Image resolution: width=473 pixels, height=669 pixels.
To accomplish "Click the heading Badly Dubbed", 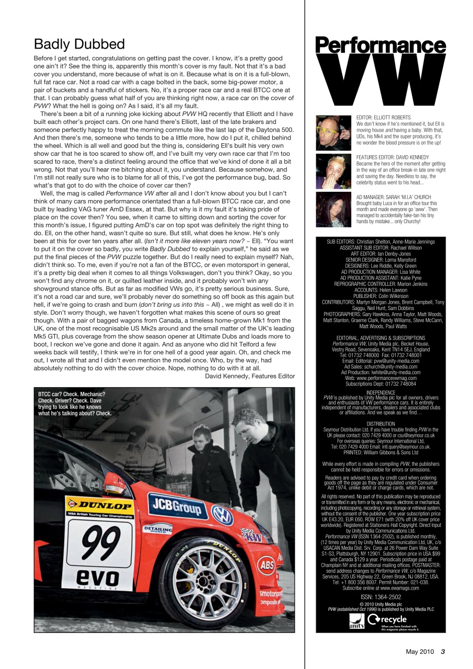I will click(x=79, y=43).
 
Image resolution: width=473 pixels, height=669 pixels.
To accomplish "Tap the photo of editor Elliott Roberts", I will click(x=333, y=133).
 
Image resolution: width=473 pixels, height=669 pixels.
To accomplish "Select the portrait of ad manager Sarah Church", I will click(x=333, y=210).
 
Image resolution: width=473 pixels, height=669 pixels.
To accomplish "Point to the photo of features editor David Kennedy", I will click(x=333, y=171).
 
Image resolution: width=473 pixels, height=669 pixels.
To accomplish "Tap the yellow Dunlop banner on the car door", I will click(x=99, y=506).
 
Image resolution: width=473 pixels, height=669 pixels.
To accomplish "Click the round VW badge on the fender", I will click(x=223, y=515).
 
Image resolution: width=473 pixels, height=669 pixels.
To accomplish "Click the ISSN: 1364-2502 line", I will click(x=380, y=597).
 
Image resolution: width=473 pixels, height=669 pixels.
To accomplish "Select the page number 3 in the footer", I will click(x=442, y=651).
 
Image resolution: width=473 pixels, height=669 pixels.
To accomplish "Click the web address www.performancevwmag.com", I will click(x=380, y=378).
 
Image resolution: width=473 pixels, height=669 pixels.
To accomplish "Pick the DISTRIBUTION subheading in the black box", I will click(x=380, y=424).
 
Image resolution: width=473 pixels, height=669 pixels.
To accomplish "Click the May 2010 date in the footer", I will click(x=420, y=651).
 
